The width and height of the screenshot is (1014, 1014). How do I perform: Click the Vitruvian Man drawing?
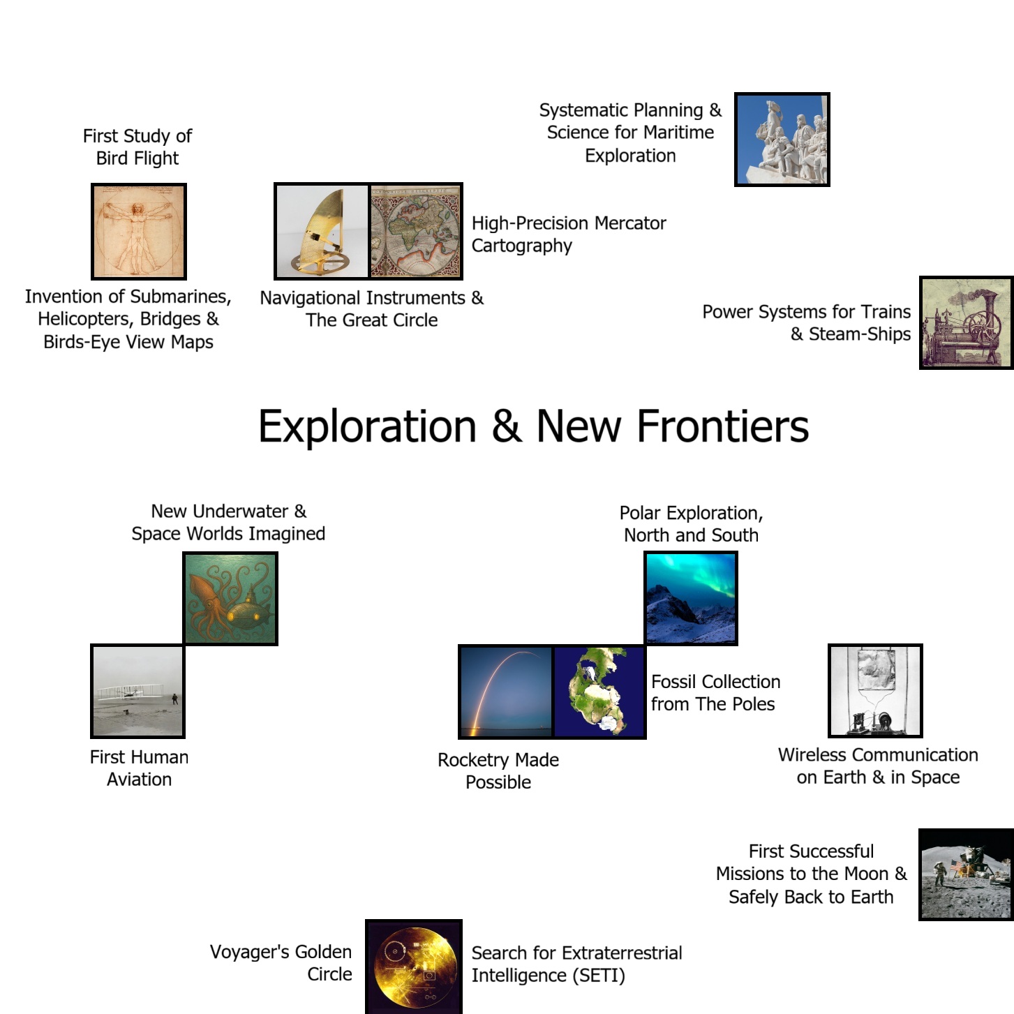pos(139,232)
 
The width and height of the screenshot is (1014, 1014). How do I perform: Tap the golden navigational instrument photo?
pos(322,232)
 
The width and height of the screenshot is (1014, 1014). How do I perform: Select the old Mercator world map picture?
pos(416,232)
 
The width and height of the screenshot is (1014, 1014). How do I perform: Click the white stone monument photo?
pos(782,140)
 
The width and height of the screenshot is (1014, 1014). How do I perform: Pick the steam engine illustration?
pos(967,322)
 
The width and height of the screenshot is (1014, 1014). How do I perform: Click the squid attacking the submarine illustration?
pos(230,599)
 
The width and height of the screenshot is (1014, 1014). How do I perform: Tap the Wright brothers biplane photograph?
pos(138,691)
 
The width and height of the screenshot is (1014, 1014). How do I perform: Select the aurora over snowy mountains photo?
pos(691,598)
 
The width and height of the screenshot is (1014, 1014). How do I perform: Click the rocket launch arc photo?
pos(506,692)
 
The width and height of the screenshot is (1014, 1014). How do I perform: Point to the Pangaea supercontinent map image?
pos(599,692)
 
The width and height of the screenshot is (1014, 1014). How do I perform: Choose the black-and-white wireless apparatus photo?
pos(876,690)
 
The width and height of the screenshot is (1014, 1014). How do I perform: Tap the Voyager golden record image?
pos(414,967)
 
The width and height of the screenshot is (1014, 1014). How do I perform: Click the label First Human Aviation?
pos(139,768)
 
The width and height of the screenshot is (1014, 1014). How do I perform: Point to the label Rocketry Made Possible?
pos(498,771)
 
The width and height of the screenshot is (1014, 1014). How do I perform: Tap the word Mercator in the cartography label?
pos(630,223)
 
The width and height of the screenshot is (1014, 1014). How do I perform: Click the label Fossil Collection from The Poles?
pos(715,692)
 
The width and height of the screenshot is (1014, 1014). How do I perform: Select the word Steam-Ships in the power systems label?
pos(860,334)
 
